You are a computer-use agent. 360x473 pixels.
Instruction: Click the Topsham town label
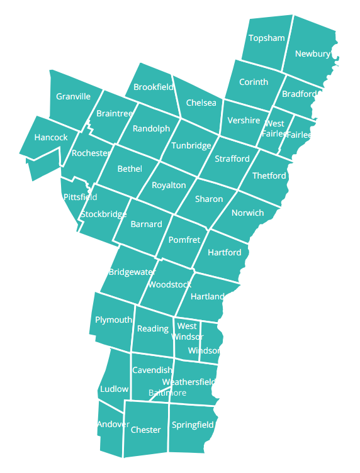tap(266, 38)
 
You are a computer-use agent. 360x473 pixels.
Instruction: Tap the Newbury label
tap(312, 54)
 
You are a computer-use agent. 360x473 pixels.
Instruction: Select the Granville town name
tap(73, 97)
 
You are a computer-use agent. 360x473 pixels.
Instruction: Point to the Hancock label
tap(51, 138)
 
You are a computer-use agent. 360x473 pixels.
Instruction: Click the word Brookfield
tap(154, 87)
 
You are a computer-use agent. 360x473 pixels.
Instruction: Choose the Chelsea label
tap(201, 103)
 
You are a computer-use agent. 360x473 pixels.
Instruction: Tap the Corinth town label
tap(254, 82)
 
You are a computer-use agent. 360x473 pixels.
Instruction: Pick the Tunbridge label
tap(191, 146)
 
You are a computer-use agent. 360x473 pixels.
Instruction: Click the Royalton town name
tap(169, 186)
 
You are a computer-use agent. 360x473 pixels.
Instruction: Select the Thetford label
tap(269, 176)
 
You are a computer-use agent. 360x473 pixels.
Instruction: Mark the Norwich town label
tap(247, 213)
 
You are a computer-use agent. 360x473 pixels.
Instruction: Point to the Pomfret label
tap(184, 240)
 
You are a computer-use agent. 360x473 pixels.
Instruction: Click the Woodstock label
tap(169, 285)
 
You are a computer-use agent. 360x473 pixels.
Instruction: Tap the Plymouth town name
tap(113, 320)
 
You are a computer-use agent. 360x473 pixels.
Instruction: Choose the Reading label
tap(153, 329)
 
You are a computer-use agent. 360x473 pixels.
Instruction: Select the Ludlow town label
tap(114, 389)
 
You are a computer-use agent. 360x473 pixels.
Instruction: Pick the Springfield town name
tap(193, 425)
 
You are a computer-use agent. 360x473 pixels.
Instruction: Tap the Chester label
tap(145, 430)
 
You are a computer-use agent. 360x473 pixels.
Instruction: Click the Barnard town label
tap(146, 225)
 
